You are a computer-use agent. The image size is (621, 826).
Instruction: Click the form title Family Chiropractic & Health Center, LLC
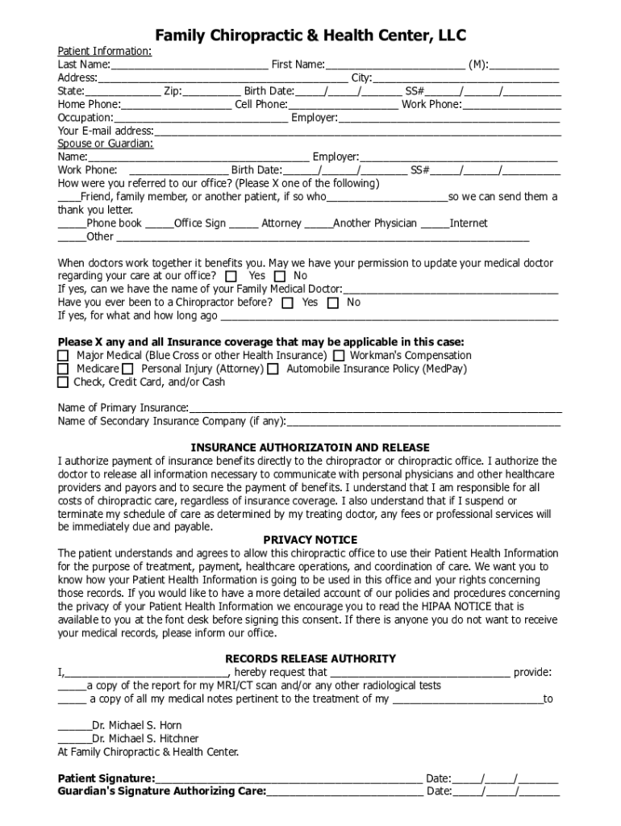[310, 35]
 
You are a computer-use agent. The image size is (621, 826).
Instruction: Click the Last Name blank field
[189, 65]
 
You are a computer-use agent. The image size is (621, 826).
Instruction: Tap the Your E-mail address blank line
[356, 131]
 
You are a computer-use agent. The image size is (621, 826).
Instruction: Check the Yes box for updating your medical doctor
[232, 277]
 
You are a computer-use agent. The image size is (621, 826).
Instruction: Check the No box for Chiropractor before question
[333, 303]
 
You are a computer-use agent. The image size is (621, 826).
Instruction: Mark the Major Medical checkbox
[63, 356]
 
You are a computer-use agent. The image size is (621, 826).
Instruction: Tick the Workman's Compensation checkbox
[339, 356]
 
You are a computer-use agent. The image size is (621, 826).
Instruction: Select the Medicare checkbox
[63, 369]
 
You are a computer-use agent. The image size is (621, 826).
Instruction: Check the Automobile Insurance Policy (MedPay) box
[273, 369]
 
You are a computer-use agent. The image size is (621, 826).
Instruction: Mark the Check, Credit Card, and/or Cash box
[63, 382]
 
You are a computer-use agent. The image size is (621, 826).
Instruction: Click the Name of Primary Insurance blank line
[375, 409]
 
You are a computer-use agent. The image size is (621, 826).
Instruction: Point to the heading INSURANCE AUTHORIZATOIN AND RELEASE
[310, 448]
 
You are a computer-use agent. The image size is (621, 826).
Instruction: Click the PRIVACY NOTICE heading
[310, 540]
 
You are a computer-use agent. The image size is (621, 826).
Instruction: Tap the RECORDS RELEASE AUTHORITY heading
[310, 659]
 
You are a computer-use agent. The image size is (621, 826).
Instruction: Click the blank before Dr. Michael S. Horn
[74, 726]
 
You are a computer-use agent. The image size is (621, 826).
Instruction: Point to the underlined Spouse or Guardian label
[105, 144]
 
